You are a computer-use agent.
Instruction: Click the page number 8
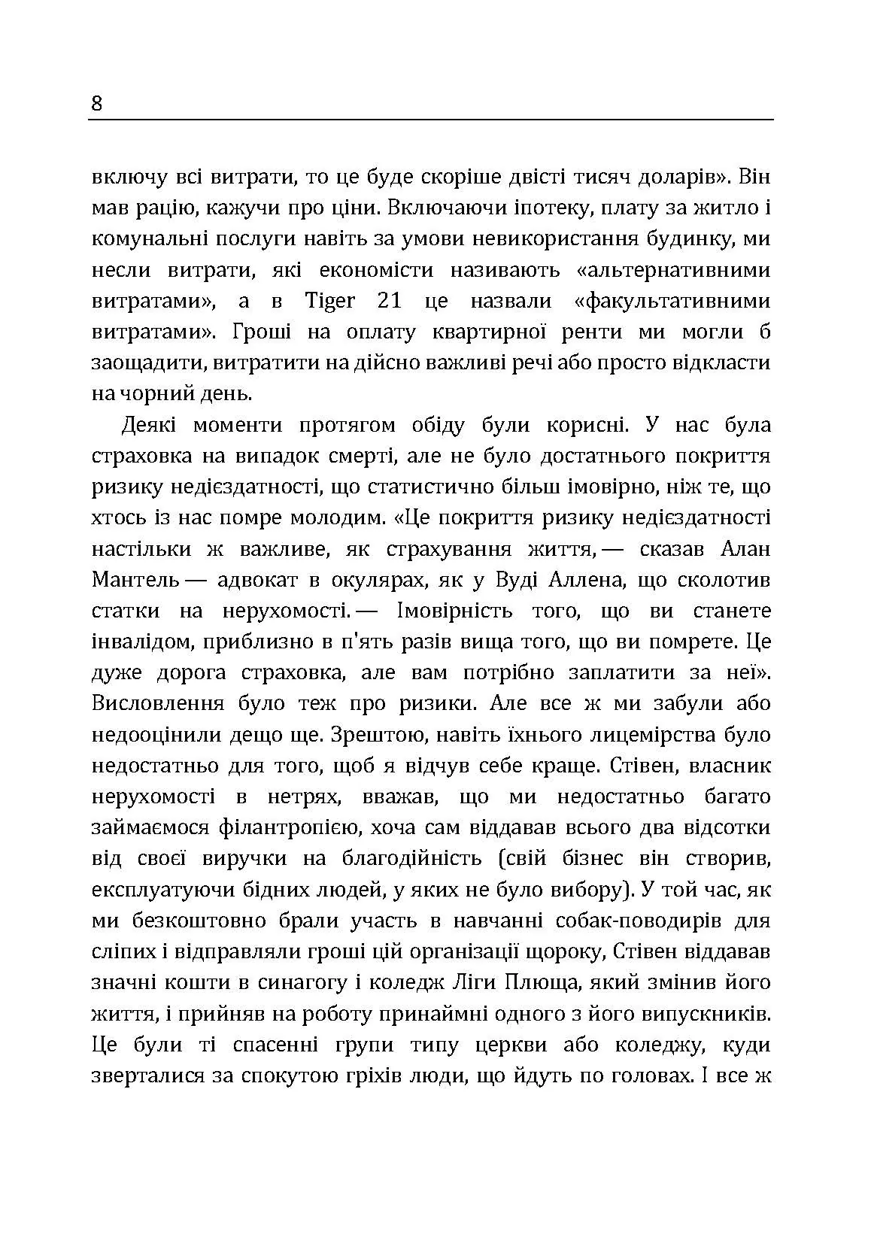pyautogui.click(x=97, y=103)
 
